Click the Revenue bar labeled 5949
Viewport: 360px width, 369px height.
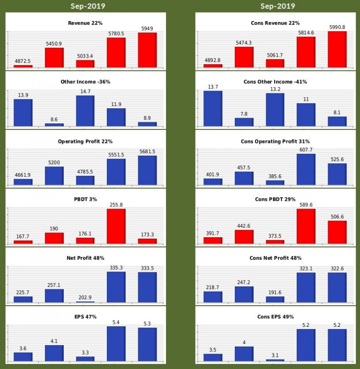tap(147, 50)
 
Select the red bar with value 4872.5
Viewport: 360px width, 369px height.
tap(23, 66)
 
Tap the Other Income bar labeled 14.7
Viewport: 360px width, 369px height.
tap(85, 111)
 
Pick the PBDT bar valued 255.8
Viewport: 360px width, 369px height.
tap(116, 226)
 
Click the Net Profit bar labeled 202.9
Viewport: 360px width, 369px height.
tap(85, 301)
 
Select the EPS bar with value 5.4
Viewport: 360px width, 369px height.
tap(116, 344)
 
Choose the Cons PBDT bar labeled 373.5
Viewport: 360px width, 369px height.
tap(275, 241)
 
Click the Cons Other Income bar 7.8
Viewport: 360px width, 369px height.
tap(244, 121)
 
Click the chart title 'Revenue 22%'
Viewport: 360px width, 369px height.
tap(85, 23)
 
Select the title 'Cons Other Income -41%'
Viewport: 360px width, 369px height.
tap(275, 82)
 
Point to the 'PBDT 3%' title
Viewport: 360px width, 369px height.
tap(85, 199)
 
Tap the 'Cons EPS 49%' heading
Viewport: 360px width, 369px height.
tap(275, 317)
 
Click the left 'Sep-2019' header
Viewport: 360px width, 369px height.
tap(88, 6)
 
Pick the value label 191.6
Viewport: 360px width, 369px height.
tap(275, 291)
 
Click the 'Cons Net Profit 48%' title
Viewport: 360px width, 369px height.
tap(275, 258)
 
